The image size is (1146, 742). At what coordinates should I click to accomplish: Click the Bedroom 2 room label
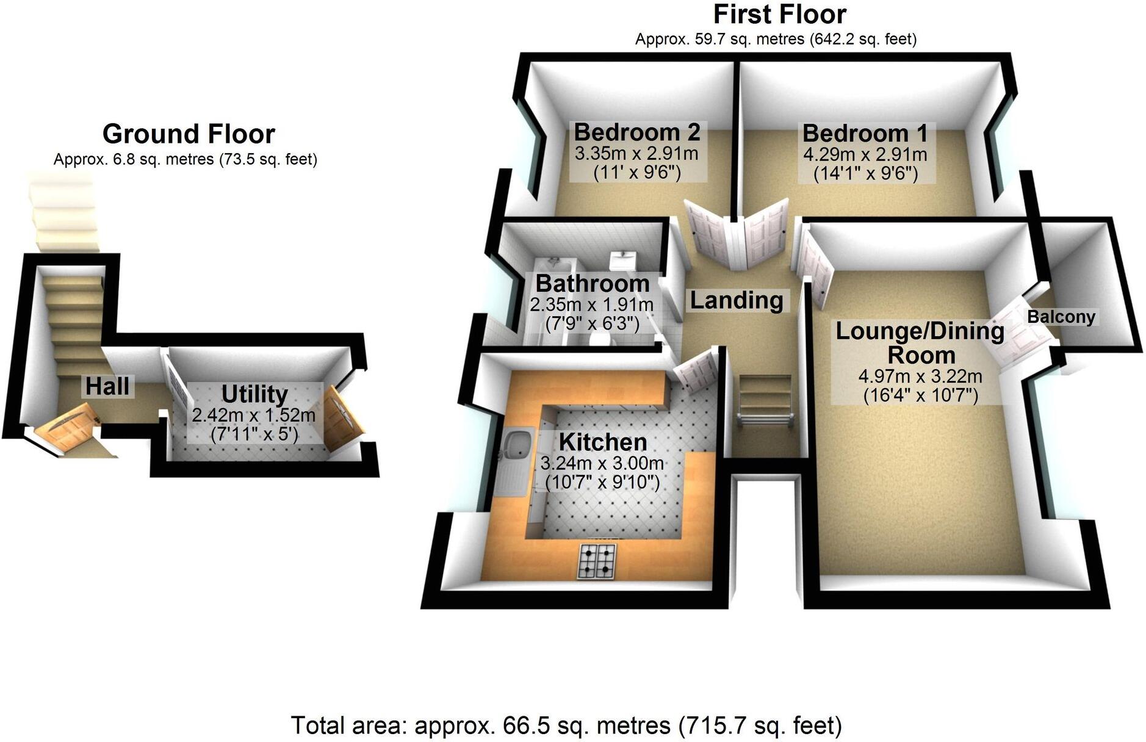(636, 132)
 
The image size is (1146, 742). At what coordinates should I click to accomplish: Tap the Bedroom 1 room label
(865, 133)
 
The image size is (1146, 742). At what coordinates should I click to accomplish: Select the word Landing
(737, 300)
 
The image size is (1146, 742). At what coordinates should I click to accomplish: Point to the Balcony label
(1061, 317)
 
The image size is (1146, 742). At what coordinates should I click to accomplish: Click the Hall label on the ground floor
(107, 386)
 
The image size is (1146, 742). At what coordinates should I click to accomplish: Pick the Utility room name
(254, 394)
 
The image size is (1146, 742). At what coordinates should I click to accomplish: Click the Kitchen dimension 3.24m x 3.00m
(602, 464)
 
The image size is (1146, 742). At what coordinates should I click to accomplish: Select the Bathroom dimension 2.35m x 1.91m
(591, 304)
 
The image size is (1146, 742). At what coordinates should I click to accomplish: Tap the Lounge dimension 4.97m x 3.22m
(920, 375)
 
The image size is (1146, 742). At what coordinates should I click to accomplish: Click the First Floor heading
(779, 14)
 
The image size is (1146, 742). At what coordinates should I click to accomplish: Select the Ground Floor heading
(189, 134)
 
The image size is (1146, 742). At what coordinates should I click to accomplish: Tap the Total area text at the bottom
(566, 726)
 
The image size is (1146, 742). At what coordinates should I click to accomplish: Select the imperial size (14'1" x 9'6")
(865, 174)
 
